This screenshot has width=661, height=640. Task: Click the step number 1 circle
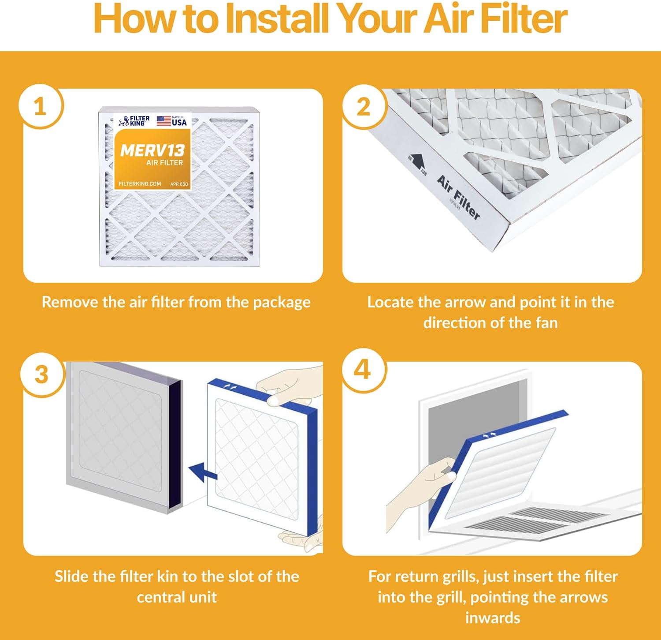[x=40, y=107]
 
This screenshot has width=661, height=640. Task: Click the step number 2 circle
[x=364, y=107]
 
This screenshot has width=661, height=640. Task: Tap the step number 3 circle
[x=41, y=374]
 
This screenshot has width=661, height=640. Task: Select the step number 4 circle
[x=362, y=370]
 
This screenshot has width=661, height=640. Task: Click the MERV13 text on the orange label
[x=152, y=151]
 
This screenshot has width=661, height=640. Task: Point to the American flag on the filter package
[x=164, y=121]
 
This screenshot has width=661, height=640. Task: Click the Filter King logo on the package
[x=134, y=121]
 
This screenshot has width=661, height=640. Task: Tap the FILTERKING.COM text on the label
[x=140, y=183]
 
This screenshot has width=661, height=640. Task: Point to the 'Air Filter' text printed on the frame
[x=458, y=197]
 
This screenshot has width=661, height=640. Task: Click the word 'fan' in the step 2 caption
[x=546, y=323]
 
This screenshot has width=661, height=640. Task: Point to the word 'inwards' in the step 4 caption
[x=493, y=618]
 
